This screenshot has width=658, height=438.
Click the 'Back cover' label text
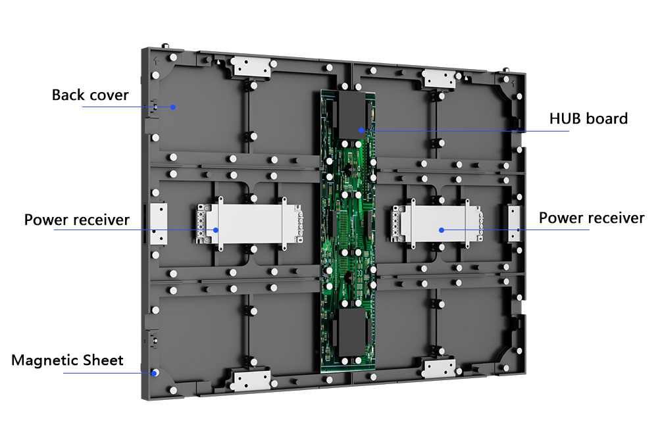tap(90, 95)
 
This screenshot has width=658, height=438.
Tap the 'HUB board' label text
tap(588, 119)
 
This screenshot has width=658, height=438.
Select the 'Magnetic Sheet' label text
tap(67, 360)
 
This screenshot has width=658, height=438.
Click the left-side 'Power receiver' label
tap(77, 220)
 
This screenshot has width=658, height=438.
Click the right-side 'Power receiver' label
tap(592, 218)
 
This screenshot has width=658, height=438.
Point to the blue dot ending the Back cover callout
tap(173, 107)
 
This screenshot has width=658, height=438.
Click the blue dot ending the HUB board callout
tap(361, 130)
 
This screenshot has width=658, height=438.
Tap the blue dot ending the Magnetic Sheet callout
tap(155, 372)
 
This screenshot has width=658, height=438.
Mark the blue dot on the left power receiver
tap(216, 230)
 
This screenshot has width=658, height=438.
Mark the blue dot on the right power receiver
tap(442, 230)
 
